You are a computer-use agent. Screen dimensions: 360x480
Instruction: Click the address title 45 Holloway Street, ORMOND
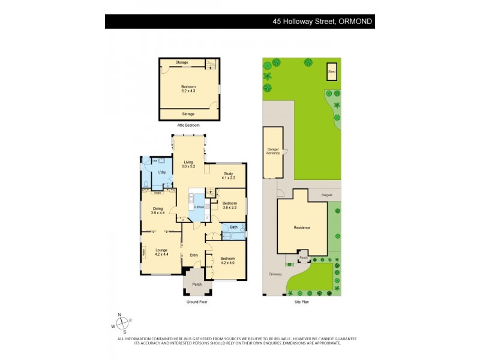coord(322,22)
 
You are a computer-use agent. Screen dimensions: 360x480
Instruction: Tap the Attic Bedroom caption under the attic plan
coord(188,125)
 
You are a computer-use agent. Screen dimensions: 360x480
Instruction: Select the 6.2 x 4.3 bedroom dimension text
coord(189,91)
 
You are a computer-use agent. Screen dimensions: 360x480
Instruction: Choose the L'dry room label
coord(161,173)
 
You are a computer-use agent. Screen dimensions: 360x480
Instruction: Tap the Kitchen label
coord(199,207)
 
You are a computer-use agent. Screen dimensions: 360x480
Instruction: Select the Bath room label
coord(233,227)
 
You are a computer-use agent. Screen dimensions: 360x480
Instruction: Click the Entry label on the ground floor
coord(194,255)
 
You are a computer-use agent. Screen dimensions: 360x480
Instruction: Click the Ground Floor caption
coord(196,302)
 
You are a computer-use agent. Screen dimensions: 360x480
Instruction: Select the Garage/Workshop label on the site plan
coord(273,152)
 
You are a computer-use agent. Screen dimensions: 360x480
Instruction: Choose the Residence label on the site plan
coord(302,227)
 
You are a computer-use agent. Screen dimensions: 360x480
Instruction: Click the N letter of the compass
coord(119,315)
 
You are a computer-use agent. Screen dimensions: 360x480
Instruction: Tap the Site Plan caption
coord(301,302)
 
